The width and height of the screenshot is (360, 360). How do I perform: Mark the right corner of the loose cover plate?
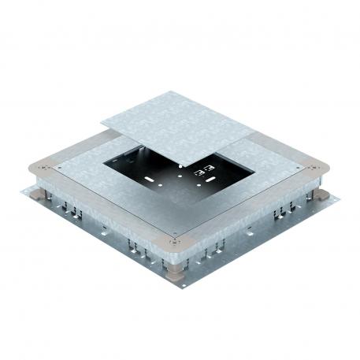[x=261, y=129]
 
